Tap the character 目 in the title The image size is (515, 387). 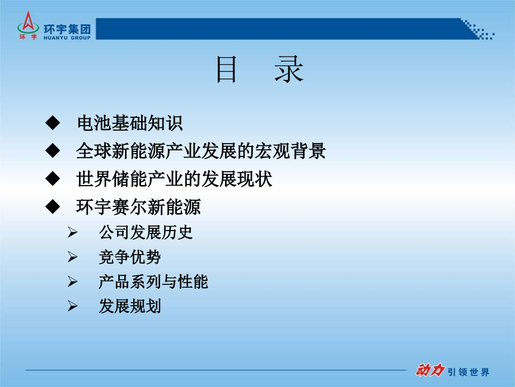pos(227,72)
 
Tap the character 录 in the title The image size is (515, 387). pos(289,72)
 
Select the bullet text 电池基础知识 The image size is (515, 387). pos(129,123)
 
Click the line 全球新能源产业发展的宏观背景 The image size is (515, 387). pos(200,151)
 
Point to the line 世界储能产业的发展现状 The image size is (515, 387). pos(174,179)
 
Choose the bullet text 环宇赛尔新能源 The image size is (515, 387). pos(138,207)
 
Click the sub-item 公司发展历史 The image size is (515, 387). pos(146,232)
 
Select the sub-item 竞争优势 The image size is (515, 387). pos(130,257)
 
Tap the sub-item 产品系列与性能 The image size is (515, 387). pos(153,282)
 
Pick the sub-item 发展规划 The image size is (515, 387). pos(130,306)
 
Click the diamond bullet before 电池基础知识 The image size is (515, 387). pos(52,123)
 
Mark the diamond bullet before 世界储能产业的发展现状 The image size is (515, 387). pos(52,179)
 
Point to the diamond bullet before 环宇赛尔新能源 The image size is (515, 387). pos(52,207)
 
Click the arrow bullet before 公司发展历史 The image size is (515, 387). pos(72,232)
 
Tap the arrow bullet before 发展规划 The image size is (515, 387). pos(72,306)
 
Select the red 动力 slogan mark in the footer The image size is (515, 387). pos(429,371)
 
